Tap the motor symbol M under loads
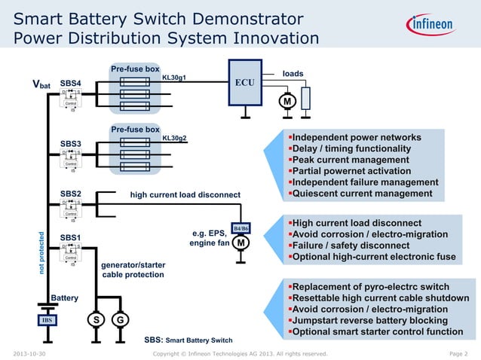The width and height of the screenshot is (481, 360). (x=287, y=102)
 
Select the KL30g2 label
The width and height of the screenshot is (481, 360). (x=175, y=139)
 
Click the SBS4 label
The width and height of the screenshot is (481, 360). (x=71, y=83)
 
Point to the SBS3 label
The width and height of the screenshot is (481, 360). (x=71, y=144)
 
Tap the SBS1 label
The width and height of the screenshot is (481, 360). (x=71, y=237)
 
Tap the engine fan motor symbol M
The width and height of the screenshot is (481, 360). (x=241, y=243)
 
